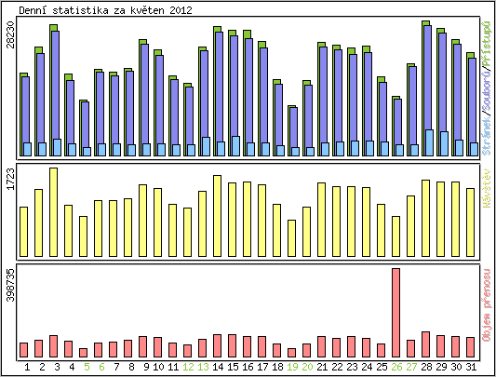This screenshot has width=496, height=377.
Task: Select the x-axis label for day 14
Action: (x=218, y=367)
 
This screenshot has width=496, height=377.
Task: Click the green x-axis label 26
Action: (x=396, y=367)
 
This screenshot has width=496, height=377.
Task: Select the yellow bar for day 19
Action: (x=292, y=237)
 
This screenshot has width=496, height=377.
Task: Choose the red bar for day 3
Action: (x=54, y=345)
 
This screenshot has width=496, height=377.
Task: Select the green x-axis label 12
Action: (x=188, y=367)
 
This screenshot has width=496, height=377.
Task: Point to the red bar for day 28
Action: (x=425, y=343)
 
